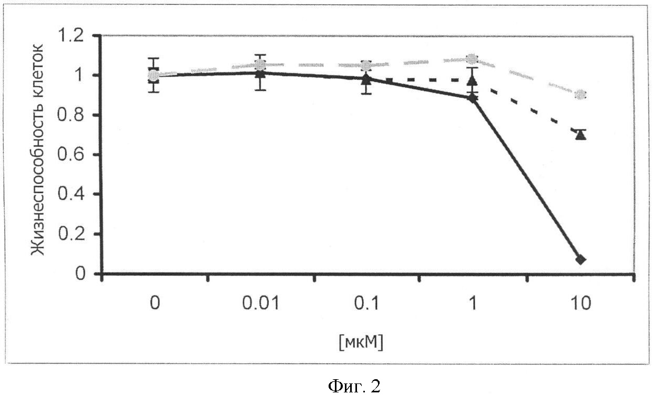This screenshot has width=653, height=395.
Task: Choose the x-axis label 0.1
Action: pyautogui.click(x=366, y=304)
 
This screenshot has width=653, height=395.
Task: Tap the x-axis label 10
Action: pyautogui.click(x=580, y=304)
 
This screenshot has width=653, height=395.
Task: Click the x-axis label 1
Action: pyautogui.click(x=473, y=304)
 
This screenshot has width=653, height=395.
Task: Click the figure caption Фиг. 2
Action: pyautogui.click(x=353, y=386)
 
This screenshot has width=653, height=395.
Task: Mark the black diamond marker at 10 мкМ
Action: pyautogui.click(x=580, y=259)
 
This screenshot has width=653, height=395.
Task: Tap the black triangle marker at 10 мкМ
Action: pyautogui.click(x=580, y=135)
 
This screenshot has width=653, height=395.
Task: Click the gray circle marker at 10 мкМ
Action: pyautogui.click(x=580, y=95)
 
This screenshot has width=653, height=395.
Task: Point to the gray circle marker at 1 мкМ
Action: pyautogui.click(x=472, y=58)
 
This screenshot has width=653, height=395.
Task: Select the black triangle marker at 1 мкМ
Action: pyautogui.click(x=472, y=80)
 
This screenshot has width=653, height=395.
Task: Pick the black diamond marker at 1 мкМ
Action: pyautogui.click(x=472, y=98)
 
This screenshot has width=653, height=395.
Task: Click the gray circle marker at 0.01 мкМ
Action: pyautogui.click(x=260, y=65)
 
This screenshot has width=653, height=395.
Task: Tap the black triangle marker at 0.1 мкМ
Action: pyautogui.click(x=366, y=79)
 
